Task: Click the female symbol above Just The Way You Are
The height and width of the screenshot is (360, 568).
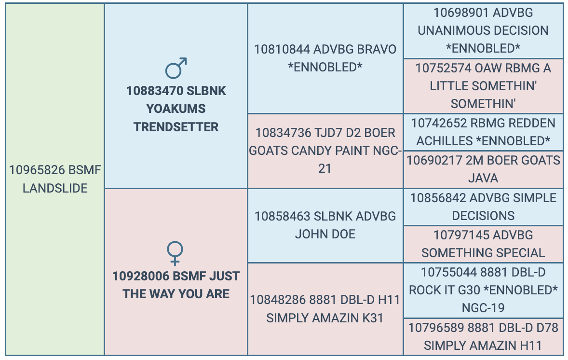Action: tap(175, 253)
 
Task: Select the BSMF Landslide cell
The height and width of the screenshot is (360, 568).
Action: tap(55, 179)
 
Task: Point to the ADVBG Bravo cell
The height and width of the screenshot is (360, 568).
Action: tap(325, 58)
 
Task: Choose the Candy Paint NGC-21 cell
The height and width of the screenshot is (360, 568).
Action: tap(325, 151)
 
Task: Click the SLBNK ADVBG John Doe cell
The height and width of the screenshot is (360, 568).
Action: tap(325, 225)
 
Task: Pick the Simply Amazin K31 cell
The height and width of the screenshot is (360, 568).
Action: tap(325, 309)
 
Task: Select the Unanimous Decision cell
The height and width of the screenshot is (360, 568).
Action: tap(483, 31)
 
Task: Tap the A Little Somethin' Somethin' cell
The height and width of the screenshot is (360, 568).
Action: tap(483, 86)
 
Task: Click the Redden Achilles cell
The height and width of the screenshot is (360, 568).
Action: tap(483, 132)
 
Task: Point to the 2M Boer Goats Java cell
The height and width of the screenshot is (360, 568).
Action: tap(483, 170)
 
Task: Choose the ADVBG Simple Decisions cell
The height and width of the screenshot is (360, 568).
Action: tap(483, 207)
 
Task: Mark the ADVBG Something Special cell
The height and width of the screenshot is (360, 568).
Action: tap(483, 244)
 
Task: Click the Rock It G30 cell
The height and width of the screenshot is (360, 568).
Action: tap(483, 291)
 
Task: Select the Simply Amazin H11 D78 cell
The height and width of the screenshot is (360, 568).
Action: tap(483, 337)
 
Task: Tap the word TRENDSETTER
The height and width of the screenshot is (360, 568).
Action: tap(176, 127)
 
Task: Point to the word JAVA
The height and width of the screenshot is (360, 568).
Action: tap(483, 179)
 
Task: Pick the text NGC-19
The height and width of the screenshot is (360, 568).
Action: tap(483, 308)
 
